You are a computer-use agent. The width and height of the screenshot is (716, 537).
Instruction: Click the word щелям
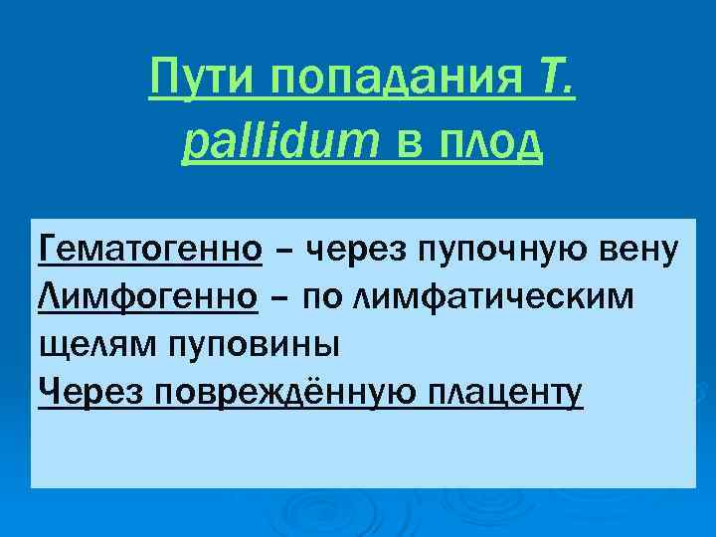coord(82,345)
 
